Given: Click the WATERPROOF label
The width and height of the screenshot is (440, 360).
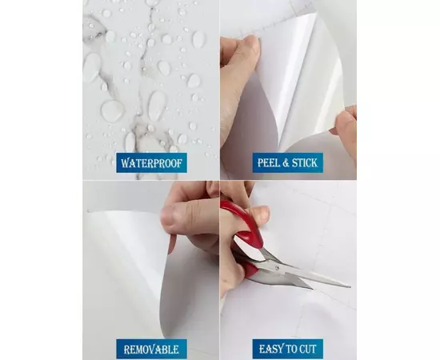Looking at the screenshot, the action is click(151, 162).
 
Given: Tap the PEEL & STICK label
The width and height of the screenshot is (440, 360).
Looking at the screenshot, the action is click(288, 162).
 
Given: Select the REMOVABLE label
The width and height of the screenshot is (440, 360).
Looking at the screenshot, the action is click(151, 350).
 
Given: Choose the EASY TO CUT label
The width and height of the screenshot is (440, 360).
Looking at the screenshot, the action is click(288, 350).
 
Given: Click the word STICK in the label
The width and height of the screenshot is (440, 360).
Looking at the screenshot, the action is click(305, 162).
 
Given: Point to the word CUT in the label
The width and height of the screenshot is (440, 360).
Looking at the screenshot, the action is click(308, 350).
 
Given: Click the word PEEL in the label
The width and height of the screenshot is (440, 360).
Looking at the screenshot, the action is click(268, 162).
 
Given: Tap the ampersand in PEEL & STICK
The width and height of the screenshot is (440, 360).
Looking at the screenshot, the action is click(285, 162).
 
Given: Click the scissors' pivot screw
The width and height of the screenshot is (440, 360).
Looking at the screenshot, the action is click(278, 267).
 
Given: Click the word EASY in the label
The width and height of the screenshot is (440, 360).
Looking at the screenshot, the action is click(270, 350).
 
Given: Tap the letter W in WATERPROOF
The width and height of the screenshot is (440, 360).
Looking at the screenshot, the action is click(125, 163).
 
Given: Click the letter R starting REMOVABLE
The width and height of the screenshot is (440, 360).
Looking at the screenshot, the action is click(127, 350).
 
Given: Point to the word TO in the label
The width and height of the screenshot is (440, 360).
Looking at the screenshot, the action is click(290, 350).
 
